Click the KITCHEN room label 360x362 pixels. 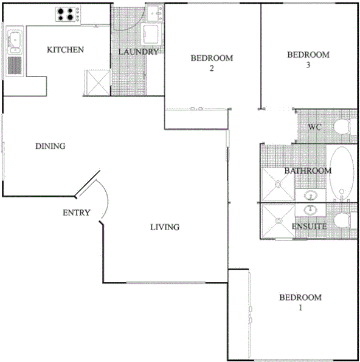(x=65, y=50)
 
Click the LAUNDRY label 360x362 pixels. (x=138, y=52)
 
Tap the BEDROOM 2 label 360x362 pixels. (x=212, y=63)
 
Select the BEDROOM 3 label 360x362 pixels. (x=308, y=59)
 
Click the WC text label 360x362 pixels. (x=314, y=128)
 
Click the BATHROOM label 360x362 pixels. (x=308, y=171)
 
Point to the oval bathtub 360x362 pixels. (x=342, y=172)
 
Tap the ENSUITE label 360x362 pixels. (x=310, y=227)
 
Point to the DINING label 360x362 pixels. (x=50, y=146)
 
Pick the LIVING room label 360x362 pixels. (x=165, y=227)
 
